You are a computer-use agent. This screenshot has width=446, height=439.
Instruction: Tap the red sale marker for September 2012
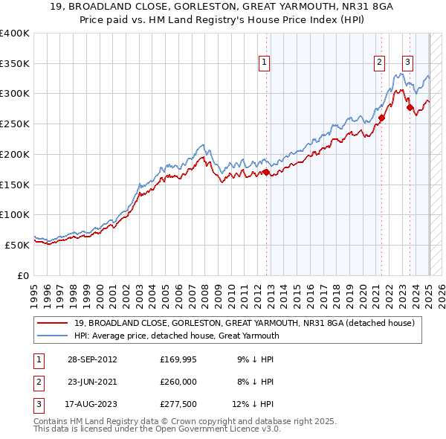(x=266, y=173)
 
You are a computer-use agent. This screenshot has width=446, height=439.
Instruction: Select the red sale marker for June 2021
(x=381, y=118)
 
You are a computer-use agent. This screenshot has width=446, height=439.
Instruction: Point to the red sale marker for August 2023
(x=410, y=107)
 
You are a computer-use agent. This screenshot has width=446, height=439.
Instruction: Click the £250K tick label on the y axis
(x=15, y=124)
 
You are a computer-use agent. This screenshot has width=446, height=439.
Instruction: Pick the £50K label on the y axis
(x=17, y=244)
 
